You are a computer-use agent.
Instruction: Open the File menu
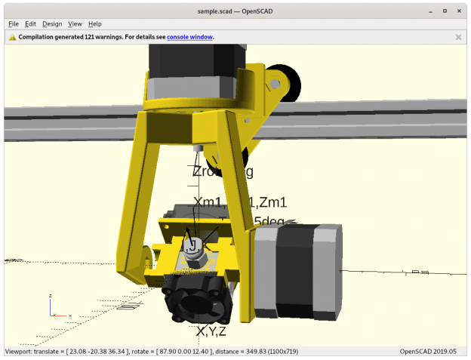tap(14, 24)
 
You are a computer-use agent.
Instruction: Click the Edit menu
tap(31, 24)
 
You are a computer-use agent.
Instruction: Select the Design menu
tap(52, 24)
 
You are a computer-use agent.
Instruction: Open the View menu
tap(75, 24)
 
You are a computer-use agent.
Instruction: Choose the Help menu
tap(95, 24)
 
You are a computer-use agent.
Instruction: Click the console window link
tap(189, 37)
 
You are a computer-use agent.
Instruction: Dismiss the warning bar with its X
tap(458, 37)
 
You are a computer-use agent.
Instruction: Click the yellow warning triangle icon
tap(12, 37)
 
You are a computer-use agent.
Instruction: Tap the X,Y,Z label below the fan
tap(211, 331)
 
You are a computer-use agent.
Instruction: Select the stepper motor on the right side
tap(297, 270)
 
